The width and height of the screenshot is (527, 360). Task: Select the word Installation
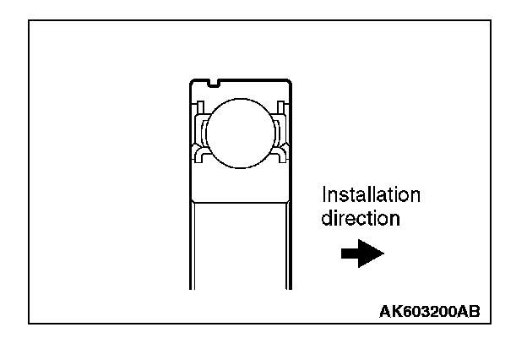pyautogui.click(x=371, y=195)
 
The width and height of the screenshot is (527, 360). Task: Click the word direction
pyautogui.click(x=360, y=218)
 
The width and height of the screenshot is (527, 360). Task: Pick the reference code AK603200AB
pyautogui.click(x=430, y=310)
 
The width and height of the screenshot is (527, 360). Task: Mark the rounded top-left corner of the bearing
pyautogui.click(x=193, y=82)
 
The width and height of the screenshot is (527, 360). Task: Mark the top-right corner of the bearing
pyautogui.click(x=290, y=81)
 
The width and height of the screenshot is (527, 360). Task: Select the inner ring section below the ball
pyautogui.click(x=241, y=183)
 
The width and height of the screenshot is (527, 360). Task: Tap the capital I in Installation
pyautogui.click(x=324, y=195)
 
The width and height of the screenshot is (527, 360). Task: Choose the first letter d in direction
pyautogui.click(x=327, y=218)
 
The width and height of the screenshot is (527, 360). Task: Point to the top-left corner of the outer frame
pyautogui.click(x=29, y=21)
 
